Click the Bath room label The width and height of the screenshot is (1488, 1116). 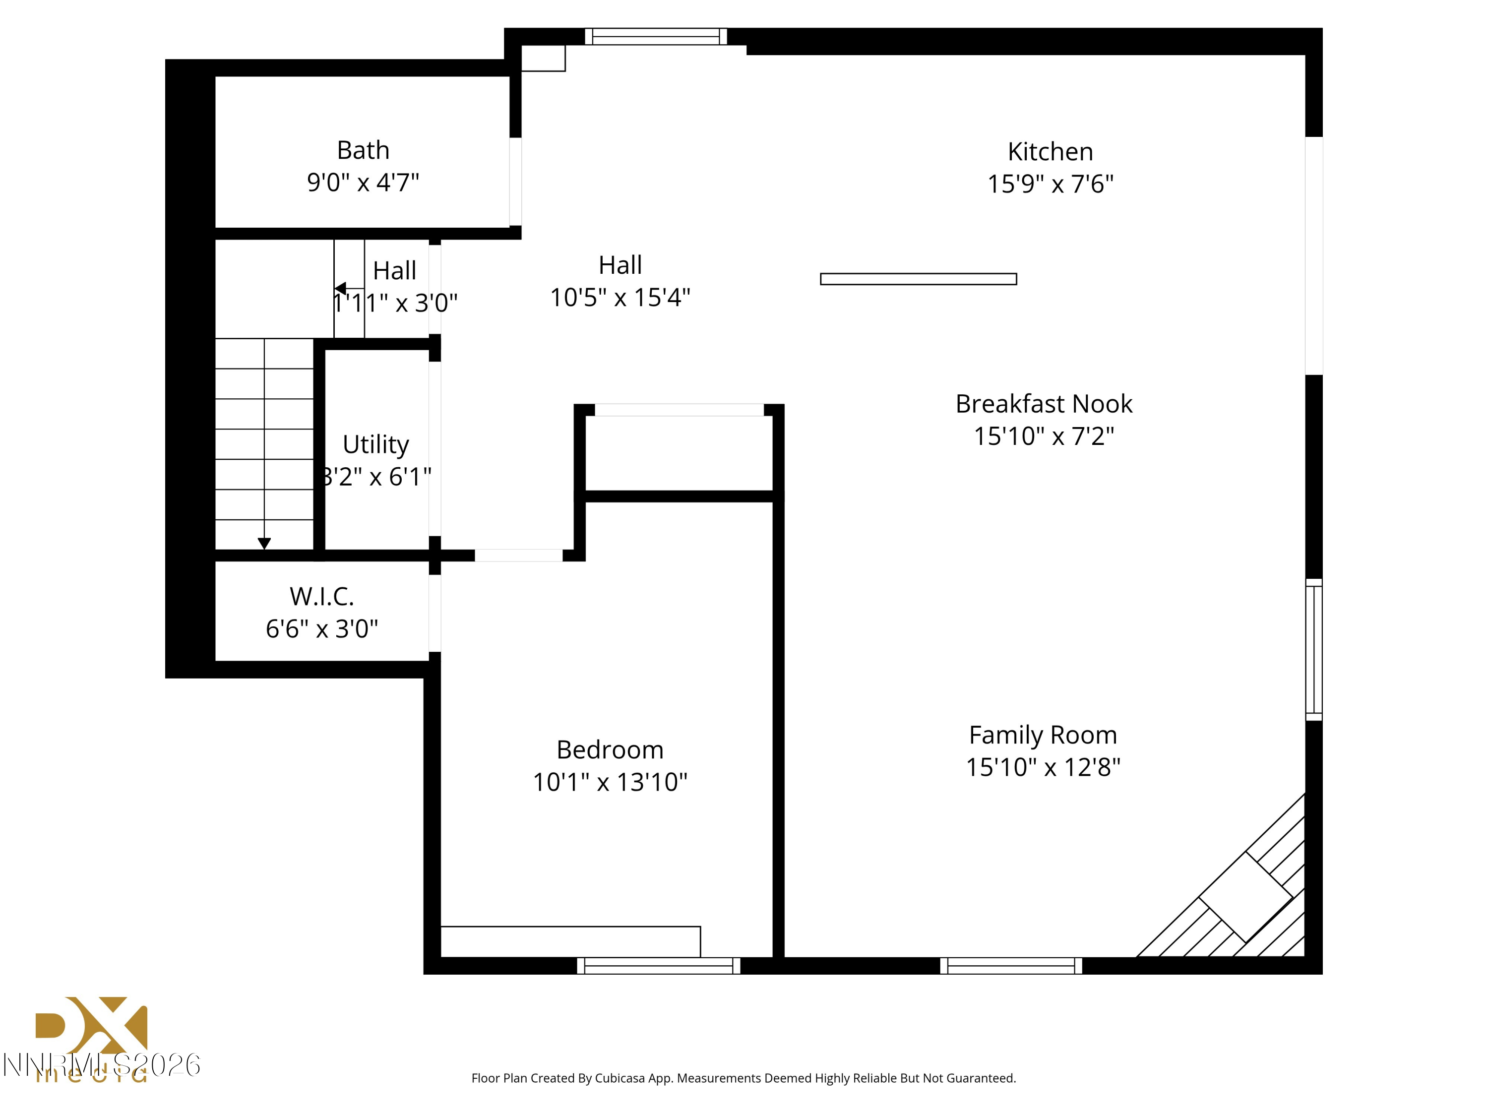pos(363,150)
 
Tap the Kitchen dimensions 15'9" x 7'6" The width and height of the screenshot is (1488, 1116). pos(1050,184)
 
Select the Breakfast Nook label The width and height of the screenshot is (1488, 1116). pos(1044,404)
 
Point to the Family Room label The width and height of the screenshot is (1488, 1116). pos(1043,735)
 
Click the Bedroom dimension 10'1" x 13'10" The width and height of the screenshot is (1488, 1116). pos(610,782)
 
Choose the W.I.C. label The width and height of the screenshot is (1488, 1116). pos(321,596)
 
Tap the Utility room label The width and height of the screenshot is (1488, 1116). pos(375,444)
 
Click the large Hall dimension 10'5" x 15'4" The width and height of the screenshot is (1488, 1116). pos(620,297)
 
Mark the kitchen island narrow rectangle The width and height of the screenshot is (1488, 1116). pos(918,279)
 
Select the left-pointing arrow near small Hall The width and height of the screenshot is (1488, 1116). pos(340,288)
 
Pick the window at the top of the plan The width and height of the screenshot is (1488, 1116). pos(655,36)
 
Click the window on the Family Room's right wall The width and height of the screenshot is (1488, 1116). pos(1314,649)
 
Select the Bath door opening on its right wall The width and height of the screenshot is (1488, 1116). pos(515,182)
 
